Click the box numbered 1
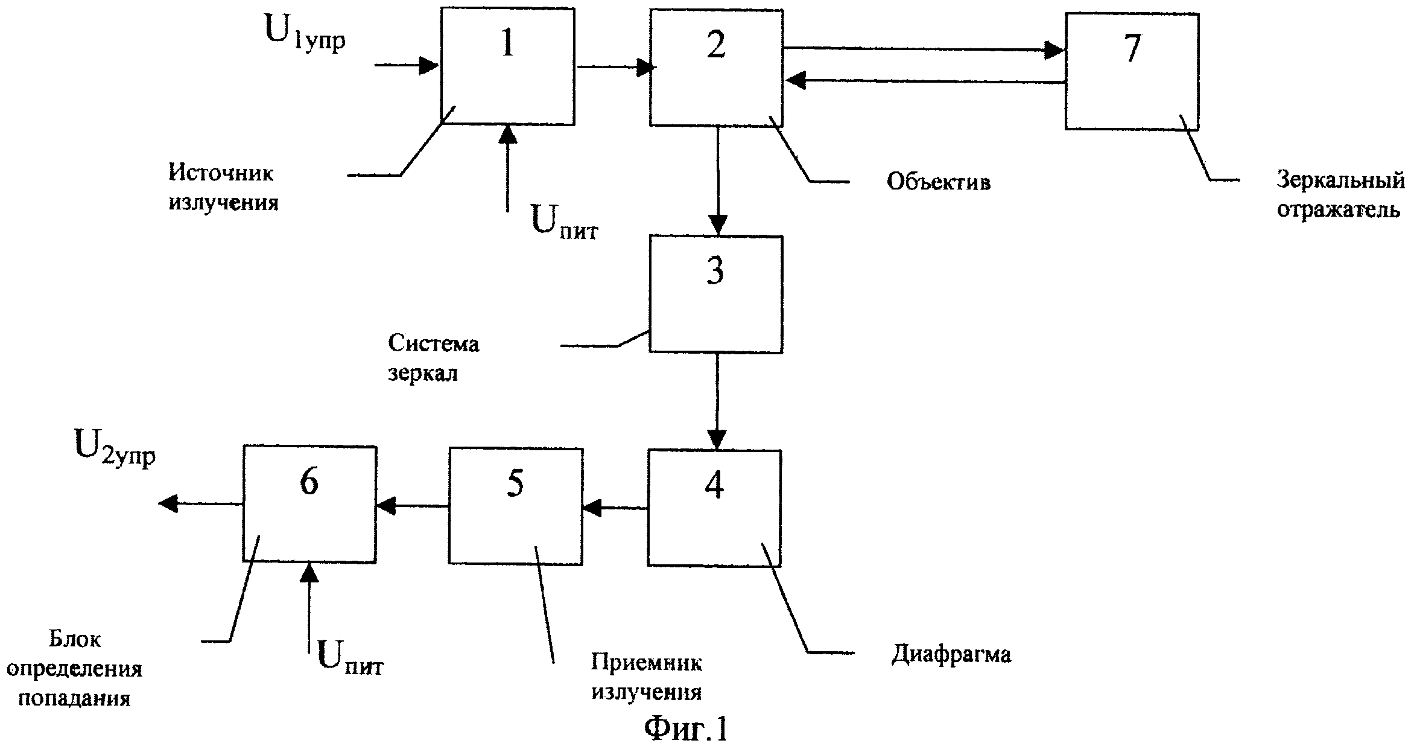click(x=507, y=66)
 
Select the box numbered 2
click(x=716, y=68)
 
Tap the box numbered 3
click(x=715, y=294)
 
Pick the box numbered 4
click(x=714, y=508)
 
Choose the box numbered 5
click(x=515, y=506)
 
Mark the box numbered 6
click(x=309, y=504)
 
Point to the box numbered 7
click(x=1131, y=71)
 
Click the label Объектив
click(x=938, y=182)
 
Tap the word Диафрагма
click(x=951, y=654)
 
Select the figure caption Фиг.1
click(x=686, y=730)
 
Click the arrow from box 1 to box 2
click(x=615, y=68)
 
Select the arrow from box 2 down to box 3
click(x=717, y=181)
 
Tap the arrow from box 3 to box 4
click(x=717, y=401)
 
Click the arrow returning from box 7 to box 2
click(x=923, y=81)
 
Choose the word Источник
click(x=221, y=174)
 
